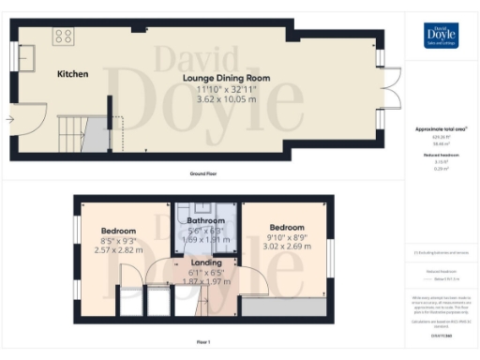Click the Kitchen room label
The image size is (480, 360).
point(72,73)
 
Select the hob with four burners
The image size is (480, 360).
point(65,37)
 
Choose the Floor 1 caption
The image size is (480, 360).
point(203,342)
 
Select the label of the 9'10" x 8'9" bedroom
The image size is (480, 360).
point(286,228)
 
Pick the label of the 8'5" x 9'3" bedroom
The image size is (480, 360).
point(118,231)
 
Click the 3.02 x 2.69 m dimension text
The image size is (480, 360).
point(286,251)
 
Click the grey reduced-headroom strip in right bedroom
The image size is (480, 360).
point(285,307)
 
